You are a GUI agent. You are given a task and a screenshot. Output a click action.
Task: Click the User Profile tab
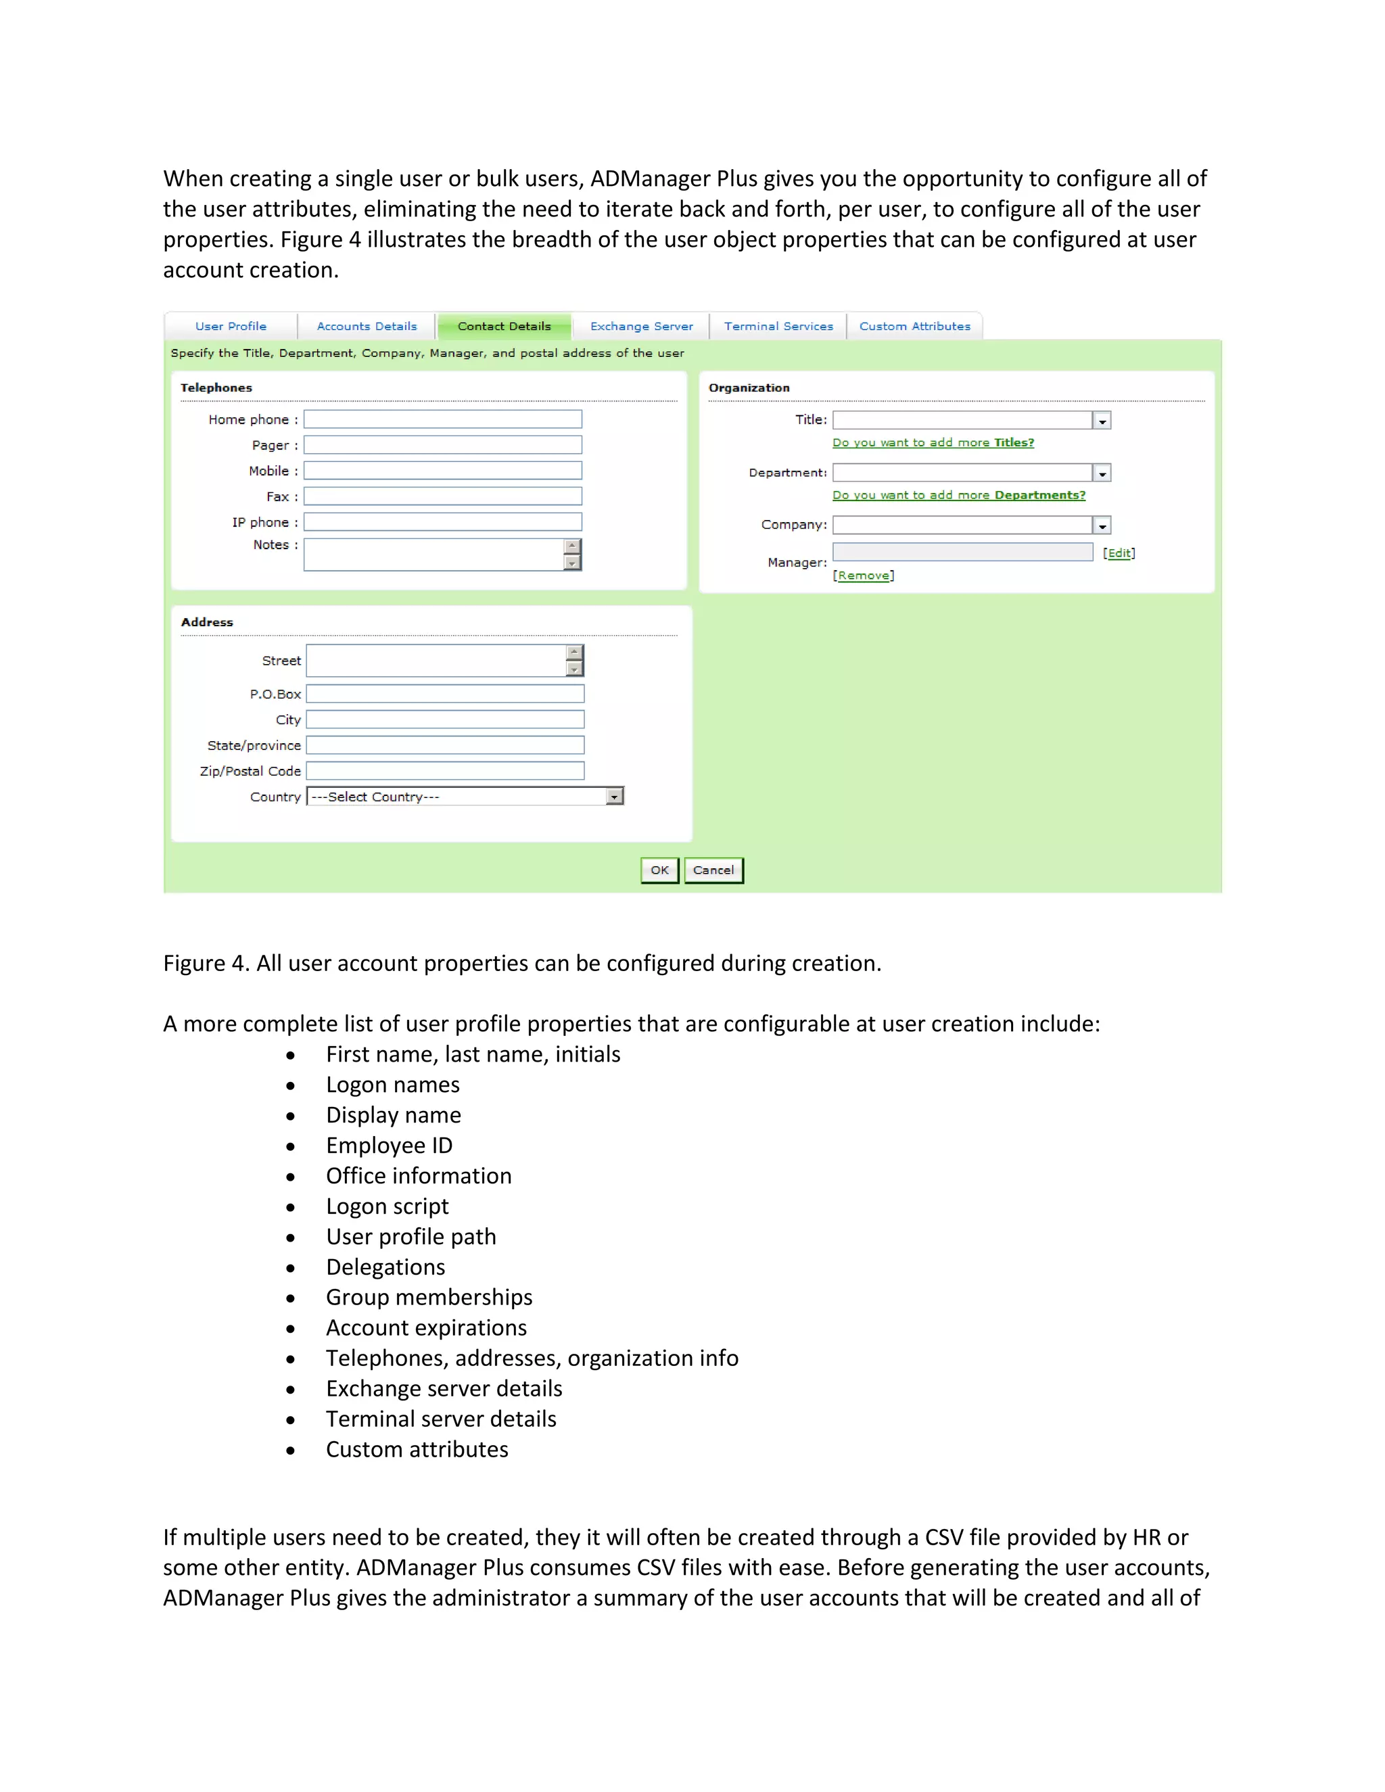point(231,326)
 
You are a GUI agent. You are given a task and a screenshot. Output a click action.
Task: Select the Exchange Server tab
point(641,326)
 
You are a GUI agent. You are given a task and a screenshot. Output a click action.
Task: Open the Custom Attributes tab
point(914,326)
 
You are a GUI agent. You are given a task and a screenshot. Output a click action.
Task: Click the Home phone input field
point(442,419)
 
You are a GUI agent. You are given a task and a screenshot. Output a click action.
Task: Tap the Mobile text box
point(442,470)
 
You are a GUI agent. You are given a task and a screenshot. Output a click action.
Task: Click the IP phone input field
point(442,522)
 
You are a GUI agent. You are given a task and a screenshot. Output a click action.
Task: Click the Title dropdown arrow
point(1102,421)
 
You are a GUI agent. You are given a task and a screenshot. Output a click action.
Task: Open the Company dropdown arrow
point(1102,525)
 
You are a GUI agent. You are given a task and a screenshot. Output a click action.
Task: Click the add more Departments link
point(958,495)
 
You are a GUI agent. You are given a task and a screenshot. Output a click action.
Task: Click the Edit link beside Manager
point(1119,553)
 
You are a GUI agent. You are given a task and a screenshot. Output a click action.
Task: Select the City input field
point(445,720)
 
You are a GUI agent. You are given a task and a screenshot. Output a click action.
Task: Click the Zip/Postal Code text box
point(445,770)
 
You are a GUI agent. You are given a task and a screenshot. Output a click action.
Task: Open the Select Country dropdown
point(465,796)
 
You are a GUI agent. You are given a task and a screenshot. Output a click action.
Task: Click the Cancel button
point(713,870)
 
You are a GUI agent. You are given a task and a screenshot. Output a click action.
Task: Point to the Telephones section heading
point(216,387)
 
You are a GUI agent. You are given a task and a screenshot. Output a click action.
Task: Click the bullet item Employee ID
point(389,1146)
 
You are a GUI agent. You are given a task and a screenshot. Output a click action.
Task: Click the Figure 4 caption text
point(522,962)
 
